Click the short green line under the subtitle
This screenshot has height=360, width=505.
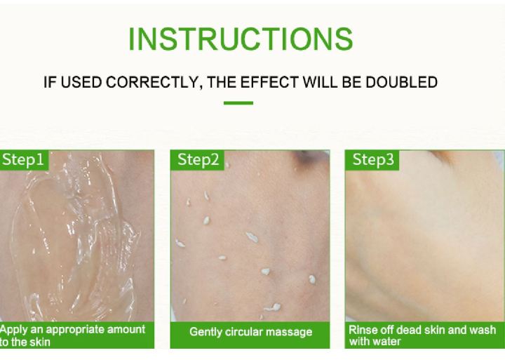(238, 103)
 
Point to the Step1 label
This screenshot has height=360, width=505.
(23, 160)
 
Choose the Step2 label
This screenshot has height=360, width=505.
(198, 160)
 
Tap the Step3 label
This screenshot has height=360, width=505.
(373, 160)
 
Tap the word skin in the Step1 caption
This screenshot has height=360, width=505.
(41, 342)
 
